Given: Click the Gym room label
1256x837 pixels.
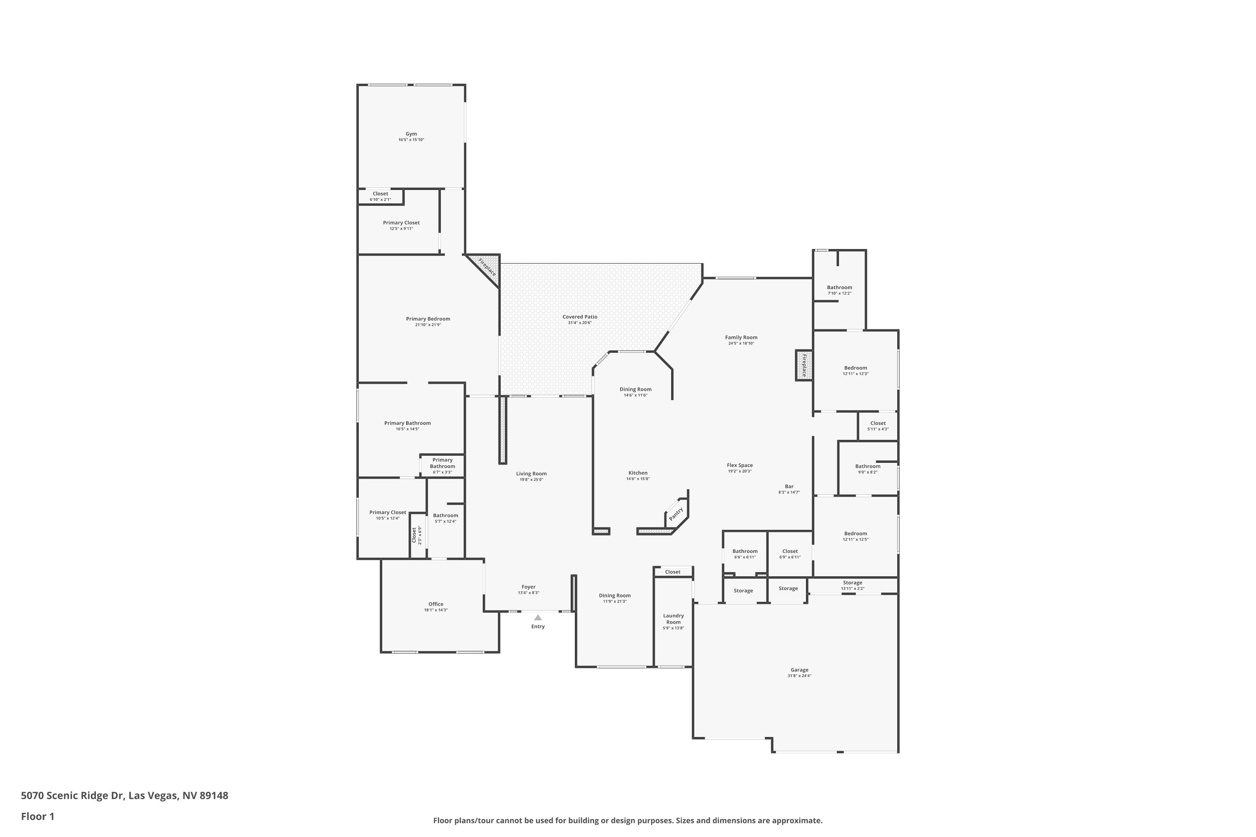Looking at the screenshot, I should [411, 134].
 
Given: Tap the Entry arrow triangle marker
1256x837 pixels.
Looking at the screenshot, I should [538, 618].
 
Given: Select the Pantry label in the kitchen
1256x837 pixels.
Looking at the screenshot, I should [676, 514].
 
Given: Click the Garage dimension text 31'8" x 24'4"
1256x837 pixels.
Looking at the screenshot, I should [799, 676].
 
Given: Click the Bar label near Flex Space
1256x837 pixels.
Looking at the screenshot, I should [789, 486].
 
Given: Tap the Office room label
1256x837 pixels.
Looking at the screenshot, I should [435, 604].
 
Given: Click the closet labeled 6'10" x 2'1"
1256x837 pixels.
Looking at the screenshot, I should [380, 196].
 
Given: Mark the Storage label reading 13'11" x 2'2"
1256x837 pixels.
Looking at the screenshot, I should [852, 585].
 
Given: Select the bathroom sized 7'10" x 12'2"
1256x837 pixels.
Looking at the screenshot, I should [839, 290].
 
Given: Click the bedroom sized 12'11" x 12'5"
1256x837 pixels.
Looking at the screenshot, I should [855, 536].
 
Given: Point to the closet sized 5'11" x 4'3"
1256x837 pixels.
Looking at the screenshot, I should [878, 426].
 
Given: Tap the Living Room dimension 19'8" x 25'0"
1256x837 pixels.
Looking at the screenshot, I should [531, 479].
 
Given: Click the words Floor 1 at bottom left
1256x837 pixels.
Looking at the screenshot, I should [37, 816].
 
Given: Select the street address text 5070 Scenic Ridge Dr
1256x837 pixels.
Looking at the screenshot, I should [72, 796].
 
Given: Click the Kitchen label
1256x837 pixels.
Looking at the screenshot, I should [638, 473].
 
